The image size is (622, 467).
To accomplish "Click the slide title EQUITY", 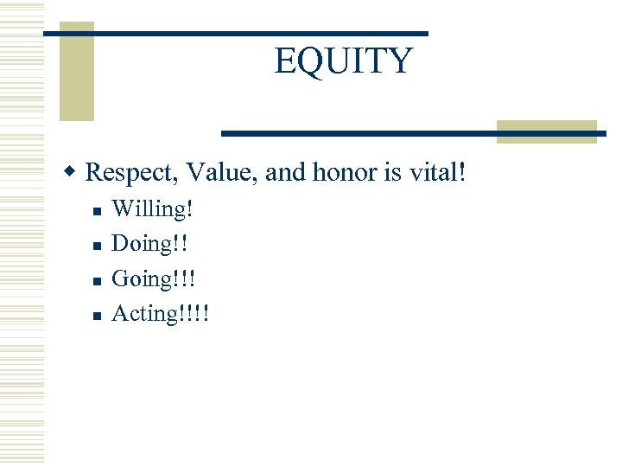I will (344, 61).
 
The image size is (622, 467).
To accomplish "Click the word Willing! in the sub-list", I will (153, 209).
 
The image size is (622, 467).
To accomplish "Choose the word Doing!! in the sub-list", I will (151, 244).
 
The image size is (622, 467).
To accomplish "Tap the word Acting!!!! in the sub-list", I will (161, 313).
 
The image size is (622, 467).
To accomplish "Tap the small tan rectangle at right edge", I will (546, 131).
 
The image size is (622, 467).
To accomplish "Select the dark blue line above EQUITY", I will (235, 33).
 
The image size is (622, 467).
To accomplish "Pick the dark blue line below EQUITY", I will (413, 133).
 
